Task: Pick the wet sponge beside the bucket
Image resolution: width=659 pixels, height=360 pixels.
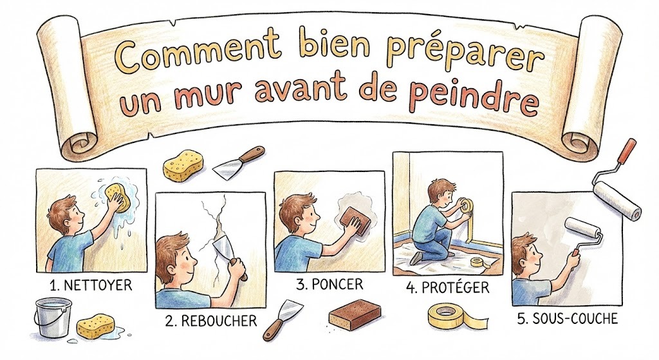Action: (x=95, y=327)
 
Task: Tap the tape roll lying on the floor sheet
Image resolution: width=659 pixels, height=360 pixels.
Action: (x=477, y=262)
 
